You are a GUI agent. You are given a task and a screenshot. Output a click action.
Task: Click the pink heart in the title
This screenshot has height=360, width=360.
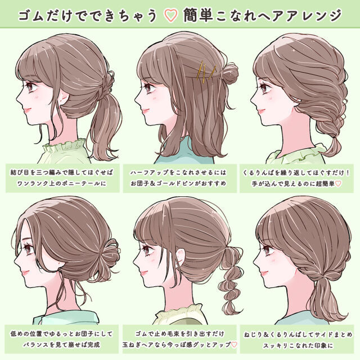(x=171, y=16)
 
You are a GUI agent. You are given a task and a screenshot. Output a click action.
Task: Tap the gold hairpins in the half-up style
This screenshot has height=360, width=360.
(x=206, y=71)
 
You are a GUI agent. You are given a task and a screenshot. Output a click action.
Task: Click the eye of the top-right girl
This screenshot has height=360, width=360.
(x=264, y=88)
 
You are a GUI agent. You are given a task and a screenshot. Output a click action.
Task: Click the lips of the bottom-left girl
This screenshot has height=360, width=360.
(x=25, y=273)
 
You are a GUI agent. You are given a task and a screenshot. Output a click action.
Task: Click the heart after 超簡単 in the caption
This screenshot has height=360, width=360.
(x=339, y=183)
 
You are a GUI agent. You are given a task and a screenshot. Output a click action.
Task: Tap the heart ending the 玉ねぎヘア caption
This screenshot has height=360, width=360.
(x=234, y=345)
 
